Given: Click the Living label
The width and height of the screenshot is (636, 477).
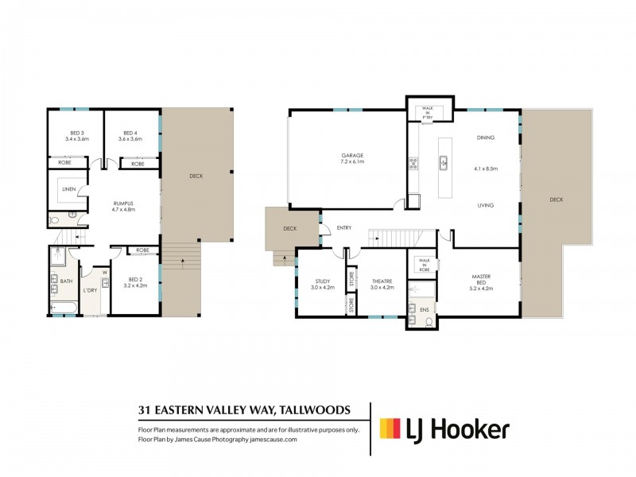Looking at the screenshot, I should (486, 205).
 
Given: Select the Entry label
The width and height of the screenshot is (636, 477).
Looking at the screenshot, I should (343, 227).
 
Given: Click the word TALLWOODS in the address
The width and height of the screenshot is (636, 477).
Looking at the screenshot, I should (314, 410).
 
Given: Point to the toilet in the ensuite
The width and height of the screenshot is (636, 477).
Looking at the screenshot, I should (429, 322).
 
